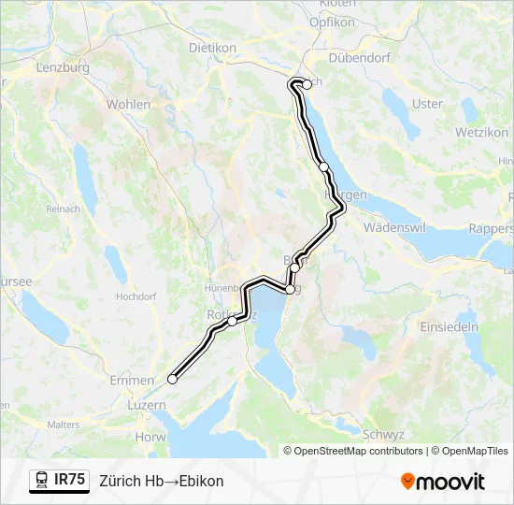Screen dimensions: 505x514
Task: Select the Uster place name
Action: tap(427, 104)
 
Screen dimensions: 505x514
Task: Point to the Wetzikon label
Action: tap(481, 133)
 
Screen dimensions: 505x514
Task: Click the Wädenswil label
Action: tap(394, 228)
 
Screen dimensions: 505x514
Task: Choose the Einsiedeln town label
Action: tap(450, 327)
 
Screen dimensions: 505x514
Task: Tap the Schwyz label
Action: tap(383, 435)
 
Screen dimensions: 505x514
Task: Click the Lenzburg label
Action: tap(62, 68)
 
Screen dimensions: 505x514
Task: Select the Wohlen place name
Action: tap(128, 105)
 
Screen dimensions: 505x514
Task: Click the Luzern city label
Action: tap(146, 406)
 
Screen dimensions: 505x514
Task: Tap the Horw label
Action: tap(150, 436)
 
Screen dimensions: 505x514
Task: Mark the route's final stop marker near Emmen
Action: tap(172, 379)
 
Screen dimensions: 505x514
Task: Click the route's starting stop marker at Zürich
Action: tap(307, 84)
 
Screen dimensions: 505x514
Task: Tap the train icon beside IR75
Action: tap(42, 481)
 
